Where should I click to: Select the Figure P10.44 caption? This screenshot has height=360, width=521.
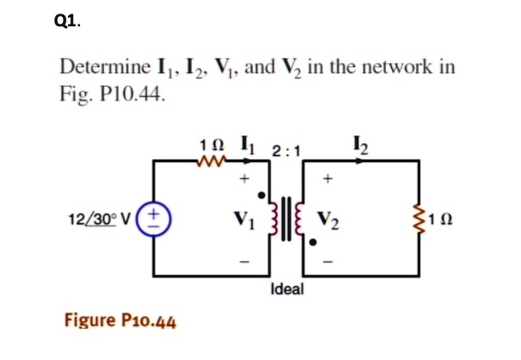click(120, 321)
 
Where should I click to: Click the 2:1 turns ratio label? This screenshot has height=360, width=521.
click(286, 151)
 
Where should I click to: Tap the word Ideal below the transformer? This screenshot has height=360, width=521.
click(287, 290)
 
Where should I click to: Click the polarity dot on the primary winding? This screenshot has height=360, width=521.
click(261, 195)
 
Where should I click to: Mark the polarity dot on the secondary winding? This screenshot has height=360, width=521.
click(313, 243)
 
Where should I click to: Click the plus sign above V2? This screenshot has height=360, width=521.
click(328, 179)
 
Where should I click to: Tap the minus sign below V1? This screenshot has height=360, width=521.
click(245, 262)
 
